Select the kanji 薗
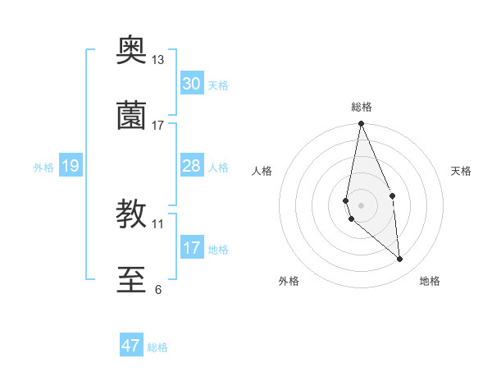click(132, 117)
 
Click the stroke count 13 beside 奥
click(158, 60)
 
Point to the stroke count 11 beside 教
click(158, 223)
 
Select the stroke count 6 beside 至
click(158, 289)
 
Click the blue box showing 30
click(192, 84)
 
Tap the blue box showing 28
click(192, 166)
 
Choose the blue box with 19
click(70, 167)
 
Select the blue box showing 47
click(131, 346)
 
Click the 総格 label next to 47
click(157, 347)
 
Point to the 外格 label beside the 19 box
click(43, 168)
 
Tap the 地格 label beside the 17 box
click(218, 250)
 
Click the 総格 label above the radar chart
click(362, 107)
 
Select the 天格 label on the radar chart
click(462, 171)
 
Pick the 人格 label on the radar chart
click(262, 171)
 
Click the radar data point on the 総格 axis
click(362, 124)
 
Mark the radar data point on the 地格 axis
click(400, 259)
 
